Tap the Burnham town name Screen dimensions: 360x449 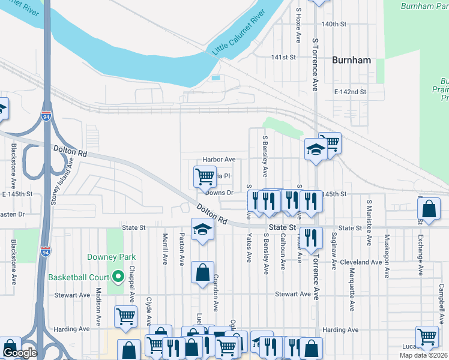coord(351,61)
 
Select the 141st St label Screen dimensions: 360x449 coord(284,58)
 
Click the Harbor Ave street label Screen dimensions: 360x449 coord(218,160)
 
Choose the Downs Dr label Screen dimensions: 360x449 coord(218,193)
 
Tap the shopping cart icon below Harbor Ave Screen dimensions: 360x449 coord(205,176)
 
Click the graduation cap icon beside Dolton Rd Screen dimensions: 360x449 coord(203,229)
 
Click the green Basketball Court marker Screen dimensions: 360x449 coord(118,277)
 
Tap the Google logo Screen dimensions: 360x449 coord(19,353)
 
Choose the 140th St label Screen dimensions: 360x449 coord(334,25)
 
